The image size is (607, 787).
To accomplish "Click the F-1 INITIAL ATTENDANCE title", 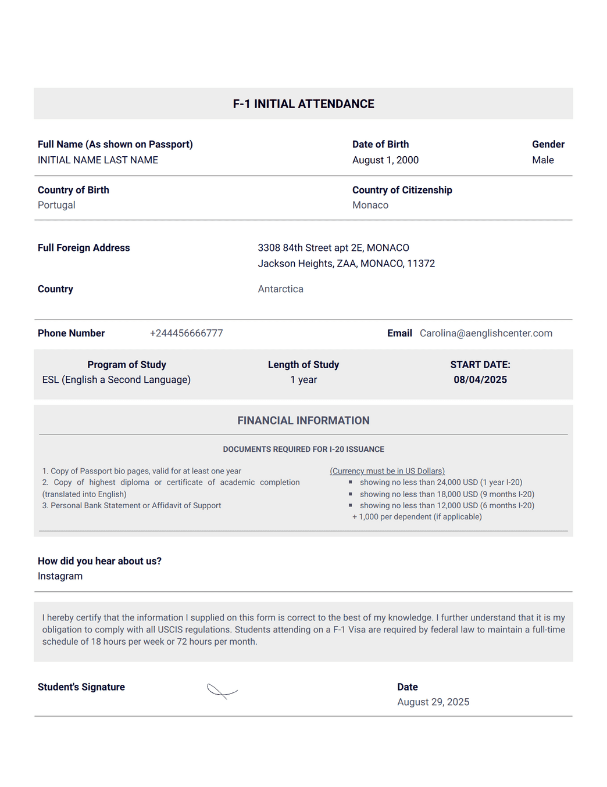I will point(303,104).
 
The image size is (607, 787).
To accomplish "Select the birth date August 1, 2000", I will point(385,160).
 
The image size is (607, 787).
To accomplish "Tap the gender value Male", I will point(542,160).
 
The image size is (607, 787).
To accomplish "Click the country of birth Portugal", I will point(56,205).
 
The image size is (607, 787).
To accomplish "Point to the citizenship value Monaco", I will point(370,205).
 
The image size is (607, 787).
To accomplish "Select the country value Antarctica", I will point(280,289).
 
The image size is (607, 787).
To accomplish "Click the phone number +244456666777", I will point(186,333).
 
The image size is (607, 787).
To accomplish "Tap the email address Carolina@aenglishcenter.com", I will point(485,333).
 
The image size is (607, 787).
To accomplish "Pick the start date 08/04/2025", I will point(480,380).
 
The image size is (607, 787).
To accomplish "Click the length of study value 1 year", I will point(303,380).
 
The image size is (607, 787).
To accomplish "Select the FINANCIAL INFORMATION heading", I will point(303,421).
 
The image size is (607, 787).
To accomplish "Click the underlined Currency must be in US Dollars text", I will point(387,471).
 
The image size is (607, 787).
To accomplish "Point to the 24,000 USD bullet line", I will point(441,483).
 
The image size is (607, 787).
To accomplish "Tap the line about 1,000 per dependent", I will point(417,517).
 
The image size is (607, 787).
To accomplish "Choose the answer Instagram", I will point(60,576).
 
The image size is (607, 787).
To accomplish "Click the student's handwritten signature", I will point(222,691).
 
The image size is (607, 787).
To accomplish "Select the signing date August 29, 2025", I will point(433,702).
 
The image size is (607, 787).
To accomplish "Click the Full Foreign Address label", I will point(84,248).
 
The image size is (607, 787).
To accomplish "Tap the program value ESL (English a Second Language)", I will point(116,380).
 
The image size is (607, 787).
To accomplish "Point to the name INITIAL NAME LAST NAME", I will point(98,160).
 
